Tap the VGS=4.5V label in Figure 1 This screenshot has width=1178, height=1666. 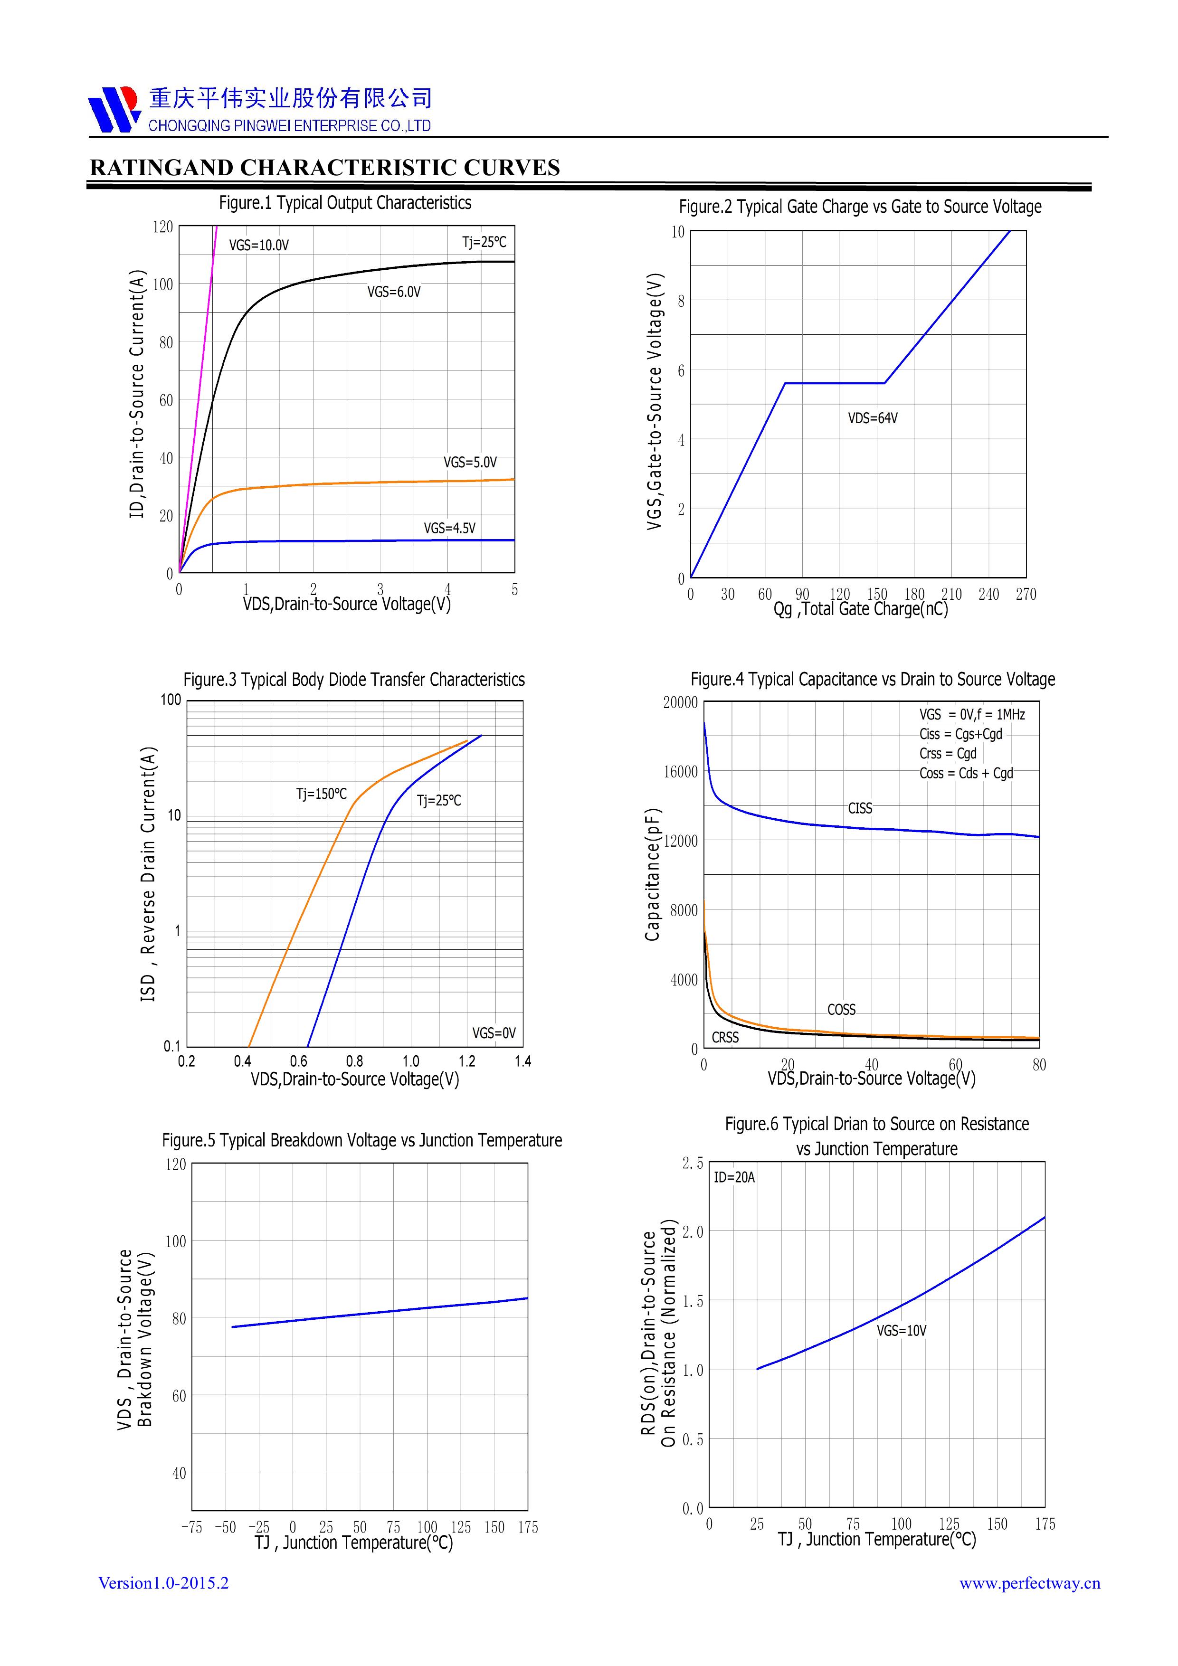(449, 528)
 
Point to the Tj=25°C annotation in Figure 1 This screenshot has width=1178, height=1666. (484, 242)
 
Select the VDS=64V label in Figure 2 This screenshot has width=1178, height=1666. (873, 419)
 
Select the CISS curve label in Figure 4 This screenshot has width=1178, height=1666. (860, 808)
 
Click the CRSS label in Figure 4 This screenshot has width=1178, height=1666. (725, 1038)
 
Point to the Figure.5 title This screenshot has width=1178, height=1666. (361, 1141)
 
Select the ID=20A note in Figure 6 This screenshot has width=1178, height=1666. (734, 1178)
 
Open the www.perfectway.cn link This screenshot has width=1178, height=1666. (1029, 1584)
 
